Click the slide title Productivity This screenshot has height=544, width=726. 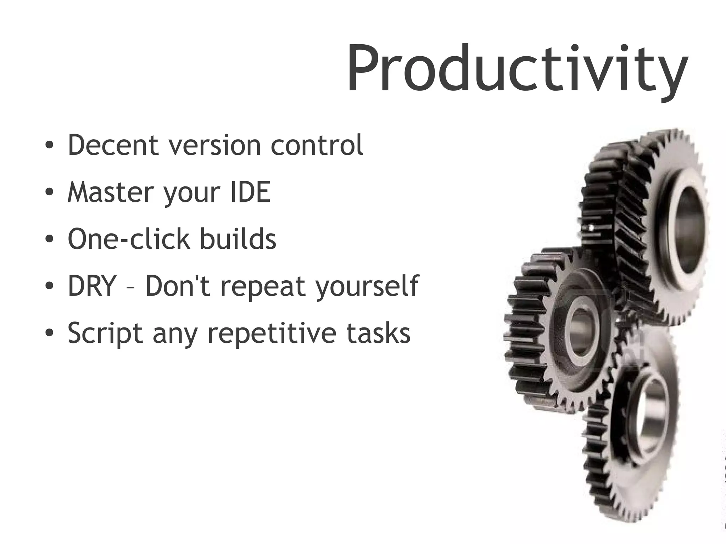[517, 69]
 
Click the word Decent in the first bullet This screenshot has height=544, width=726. [113, 145]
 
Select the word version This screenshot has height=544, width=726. [214, 146]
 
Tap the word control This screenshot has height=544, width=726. [317, 145]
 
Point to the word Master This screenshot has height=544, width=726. [110, 192]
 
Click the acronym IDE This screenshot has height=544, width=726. [250, 192]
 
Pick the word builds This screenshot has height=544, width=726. [238, 239]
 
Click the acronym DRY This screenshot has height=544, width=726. [92, 286]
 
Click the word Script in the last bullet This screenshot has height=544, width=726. [105, 334]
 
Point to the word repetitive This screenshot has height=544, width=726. [271, 334]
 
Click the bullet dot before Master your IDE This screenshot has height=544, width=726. [49, 192]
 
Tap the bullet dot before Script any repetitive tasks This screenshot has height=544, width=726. [49, 333]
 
